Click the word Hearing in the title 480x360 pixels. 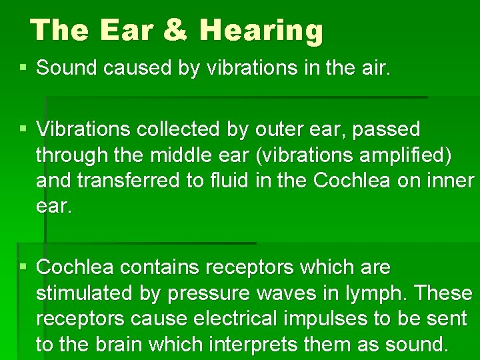(x=261, y=31)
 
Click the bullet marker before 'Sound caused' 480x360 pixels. (x=23, y=68)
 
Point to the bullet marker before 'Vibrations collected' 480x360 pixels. (x=23, y=129)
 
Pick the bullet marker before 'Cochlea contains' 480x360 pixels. (x=23, y=267)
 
